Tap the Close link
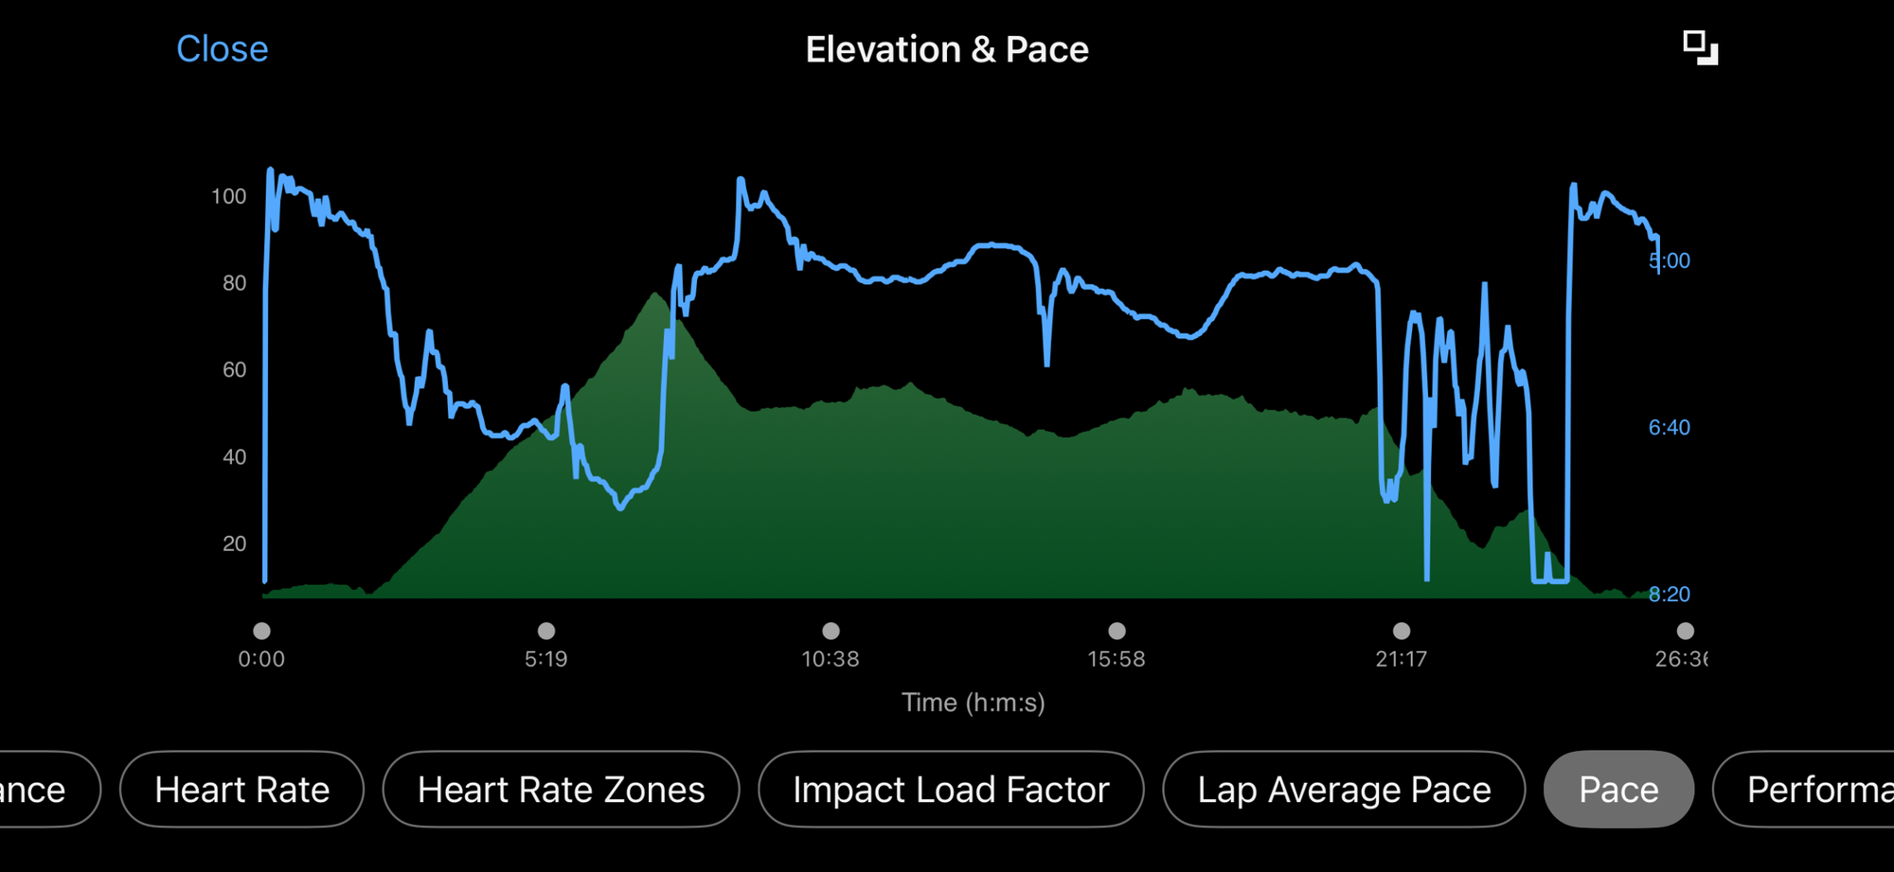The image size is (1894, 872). [223, 49]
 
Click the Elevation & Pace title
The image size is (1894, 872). [947, 49]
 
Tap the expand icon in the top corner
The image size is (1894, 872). [1700, 47]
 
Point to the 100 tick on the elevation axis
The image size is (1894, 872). [228, 196]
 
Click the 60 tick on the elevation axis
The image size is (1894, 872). [234, 370]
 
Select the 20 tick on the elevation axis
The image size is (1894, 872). [234, 543]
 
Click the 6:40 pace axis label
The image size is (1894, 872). [1669, 427]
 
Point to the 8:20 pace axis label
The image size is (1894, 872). [1669, 594]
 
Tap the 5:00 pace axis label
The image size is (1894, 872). [1671, 260]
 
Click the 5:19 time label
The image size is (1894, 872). [546, 659]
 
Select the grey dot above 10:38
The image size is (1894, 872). [831, 631]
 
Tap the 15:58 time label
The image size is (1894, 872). [1117, 659]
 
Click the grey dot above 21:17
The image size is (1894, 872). [1402, 631]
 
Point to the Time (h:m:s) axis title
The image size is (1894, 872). [973, 703]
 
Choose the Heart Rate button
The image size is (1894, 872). [241, 790]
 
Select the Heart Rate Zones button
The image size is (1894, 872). [561, 790]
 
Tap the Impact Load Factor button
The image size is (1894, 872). [951, 790]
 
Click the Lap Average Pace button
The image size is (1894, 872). [1344, 790]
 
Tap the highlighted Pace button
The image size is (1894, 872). [1618, 790]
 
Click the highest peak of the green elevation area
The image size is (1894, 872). [655, 294]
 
